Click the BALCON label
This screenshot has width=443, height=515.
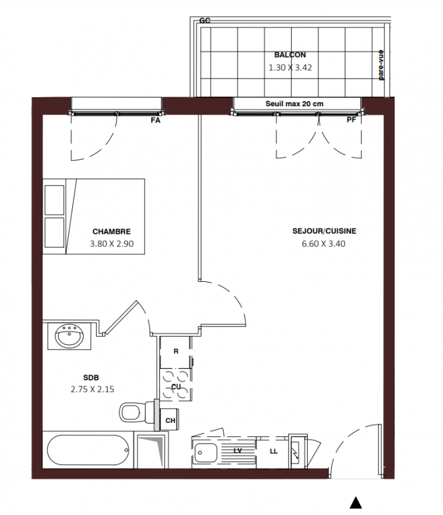pyautogui.click(x=290, y=55)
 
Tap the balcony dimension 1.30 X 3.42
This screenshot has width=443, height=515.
pyautogui.click(x=290, y=68)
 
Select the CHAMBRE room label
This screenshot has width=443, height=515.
pyautogui.click(x=112, y=232)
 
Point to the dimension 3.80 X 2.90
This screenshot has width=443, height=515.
pyautogui.click(x=112, y=244)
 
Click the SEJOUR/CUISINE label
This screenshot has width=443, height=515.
pyautogui.click(x=325, y=231)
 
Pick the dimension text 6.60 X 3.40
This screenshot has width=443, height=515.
pyautogui.click(x=324, y=244)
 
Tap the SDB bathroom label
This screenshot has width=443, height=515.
pyautogui.click(x=91, y=378)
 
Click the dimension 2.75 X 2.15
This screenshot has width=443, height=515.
pyautogui.click(x=92, y=389)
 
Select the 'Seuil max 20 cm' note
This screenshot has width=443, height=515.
pyautogui.click(x=294, y=104)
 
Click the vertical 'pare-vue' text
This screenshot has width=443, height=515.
pyautogui.click(x=381, y=65)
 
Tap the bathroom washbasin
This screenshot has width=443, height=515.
pyautogui.click(x=70, y=335)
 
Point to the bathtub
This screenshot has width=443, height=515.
pyautogui.click(x=88, y=450)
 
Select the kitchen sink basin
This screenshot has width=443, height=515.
pyautogui.click(x=205, y=453)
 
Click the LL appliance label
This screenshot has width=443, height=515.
pyautogui.click(x=274, y=452)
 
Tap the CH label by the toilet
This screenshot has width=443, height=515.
pyautogui.click(x=170, y=421)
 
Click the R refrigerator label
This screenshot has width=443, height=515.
pyautogui.click(x=176, y=351)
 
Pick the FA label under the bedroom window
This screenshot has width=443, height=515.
pyautogui.click(x=155, y=120)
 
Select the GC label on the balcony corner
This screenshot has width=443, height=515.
pyautogui.click(x=205, y=21)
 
